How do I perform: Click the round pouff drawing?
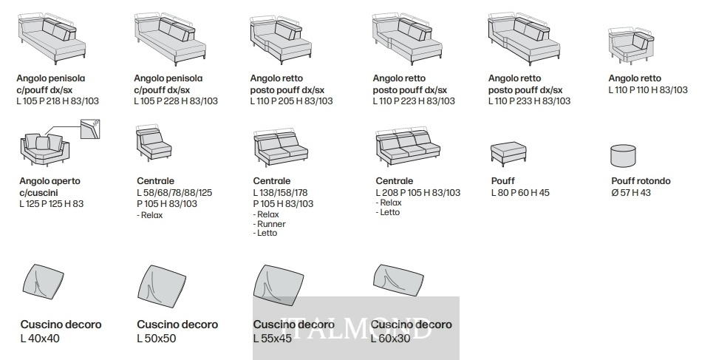tap(623, 156)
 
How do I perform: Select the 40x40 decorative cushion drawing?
tap(43, 280)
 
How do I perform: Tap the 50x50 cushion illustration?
tap(161, 284)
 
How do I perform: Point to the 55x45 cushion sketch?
tap(279, 285)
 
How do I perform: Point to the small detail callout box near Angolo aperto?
tap(90, 129)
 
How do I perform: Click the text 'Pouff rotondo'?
tap(641, 180)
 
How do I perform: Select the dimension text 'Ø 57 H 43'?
tap(631, 192)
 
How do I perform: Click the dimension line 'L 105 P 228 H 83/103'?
tap(176, 101)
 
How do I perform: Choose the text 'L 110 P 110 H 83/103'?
tap(648, 90)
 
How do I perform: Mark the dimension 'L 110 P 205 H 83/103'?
tap(291, 101)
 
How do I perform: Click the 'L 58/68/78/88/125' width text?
tap(174, 192)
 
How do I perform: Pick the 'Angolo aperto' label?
tap(50, 180)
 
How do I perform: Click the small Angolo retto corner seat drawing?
tap(631, 45)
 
